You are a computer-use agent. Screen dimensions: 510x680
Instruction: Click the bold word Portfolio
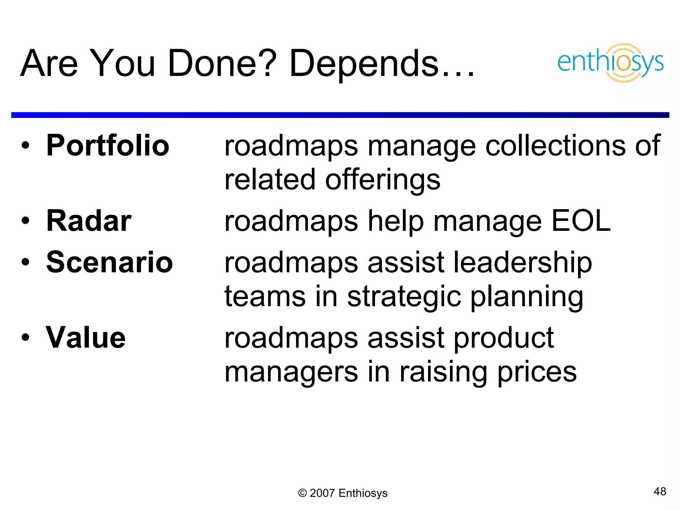[x=108, y=145]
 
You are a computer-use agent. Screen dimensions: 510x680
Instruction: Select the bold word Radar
[x=89, y=221]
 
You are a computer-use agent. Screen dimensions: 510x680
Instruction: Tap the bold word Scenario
[x=110, y=262]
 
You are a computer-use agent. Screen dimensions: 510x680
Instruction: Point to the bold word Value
[x=86, y=338]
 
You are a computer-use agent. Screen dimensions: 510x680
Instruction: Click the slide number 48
[x=660, y=491]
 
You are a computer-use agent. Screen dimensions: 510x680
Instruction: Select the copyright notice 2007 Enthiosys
[x=343, y=493]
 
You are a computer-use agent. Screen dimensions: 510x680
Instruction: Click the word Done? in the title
[x=222, y=63]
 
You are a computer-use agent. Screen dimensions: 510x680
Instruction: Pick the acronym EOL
[x=581, y=221]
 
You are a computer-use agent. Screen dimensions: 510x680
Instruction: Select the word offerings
[x=382, y=180]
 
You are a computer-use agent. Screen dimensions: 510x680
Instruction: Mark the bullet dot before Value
[x=26, y=337]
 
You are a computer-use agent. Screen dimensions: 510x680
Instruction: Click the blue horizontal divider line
[x=340, y=115]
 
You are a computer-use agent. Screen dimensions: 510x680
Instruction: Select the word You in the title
[x=123, y=63]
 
